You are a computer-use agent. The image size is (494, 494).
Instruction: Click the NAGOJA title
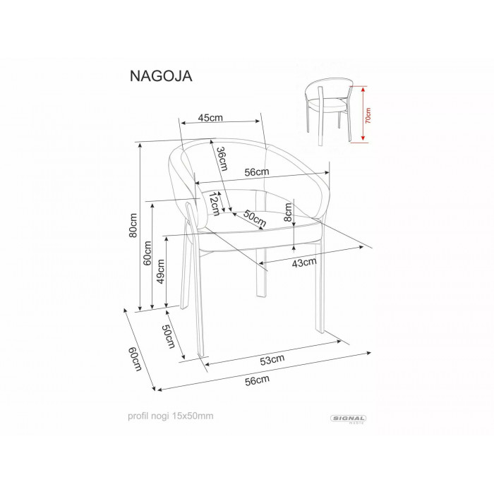pos(161,76)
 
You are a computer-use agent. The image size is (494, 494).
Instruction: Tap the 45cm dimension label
pos(210,118)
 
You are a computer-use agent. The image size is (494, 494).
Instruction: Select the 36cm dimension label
pos(222,159)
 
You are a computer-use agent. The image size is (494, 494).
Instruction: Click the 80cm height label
pos(133,225)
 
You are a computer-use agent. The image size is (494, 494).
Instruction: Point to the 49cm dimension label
pos(161,271)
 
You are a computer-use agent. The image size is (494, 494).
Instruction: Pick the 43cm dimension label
pos(304,262)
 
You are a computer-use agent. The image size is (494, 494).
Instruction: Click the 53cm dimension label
pos(272,359)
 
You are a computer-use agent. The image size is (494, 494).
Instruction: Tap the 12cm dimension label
pos(215,204)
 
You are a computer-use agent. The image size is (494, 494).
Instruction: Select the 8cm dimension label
pos(288,212)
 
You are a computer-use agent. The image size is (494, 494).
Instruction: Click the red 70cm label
pos(368,115)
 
